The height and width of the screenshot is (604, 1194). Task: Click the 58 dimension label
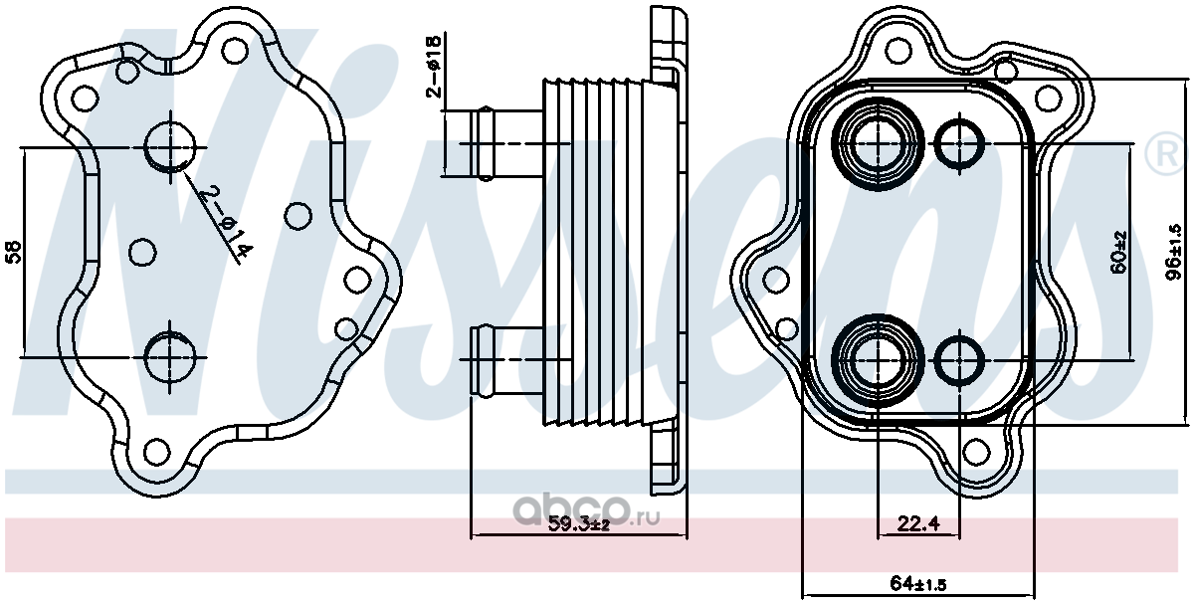14,252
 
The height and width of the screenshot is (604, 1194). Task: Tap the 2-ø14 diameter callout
224,223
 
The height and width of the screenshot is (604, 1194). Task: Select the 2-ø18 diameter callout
435,67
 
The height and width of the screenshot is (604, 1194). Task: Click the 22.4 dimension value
917,524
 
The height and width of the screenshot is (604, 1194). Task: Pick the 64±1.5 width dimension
918,585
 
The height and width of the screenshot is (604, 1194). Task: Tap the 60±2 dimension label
1118,252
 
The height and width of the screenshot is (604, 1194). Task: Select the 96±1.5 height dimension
1173,253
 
